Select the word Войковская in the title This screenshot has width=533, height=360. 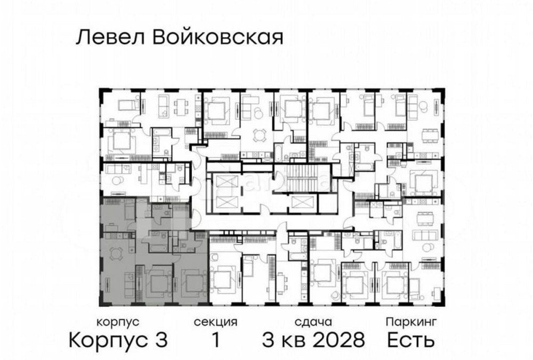tap(217, 38)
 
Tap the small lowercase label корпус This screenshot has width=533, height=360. tap(118, 322)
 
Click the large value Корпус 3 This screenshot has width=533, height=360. tap(119, 339)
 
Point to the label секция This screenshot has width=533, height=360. tap(215, 322)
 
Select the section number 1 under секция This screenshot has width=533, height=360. tap(215, 339)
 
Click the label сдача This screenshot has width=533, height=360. tap(313, 322)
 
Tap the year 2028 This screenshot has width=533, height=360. tap(340, 339)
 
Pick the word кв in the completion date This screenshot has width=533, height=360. tap(295, 340)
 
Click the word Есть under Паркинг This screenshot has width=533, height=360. tap(411, 339)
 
